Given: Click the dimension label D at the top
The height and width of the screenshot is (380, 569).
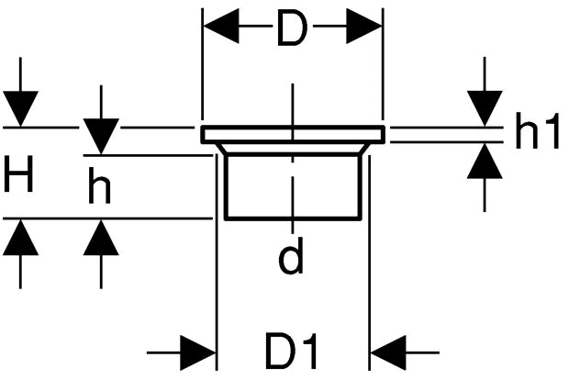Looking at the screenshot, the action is [x=292, y=28].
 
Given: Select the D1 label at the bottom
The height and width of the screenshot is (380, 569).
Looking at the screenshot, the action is [x=292, y=350].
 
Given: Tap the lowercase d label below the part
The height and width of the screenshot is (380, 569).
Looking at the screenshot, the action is [x=291, y=255].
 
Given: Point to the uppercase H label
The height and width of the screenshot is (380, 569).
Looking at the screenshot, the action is [x=18, y=173].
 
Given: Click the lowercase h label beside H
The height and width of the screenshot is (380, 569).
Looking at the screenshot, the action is [x=99, y=185].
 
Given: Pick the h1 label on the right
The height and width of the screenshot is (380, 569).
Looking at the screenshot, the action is [x=537, y=130].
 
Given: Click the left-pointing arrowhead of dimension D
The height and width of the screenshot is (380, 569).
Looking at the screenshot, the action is [x=221, y=26].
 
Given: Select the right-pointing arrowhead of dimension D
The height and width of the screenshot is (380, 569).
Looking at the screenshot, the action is [x=364, y=26].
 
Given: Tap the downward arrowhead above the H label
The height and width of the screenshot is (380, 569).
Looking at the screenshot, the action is [x=21, y=108].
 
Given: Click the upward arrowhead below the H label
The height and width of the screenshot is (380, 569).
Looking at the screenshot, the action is [x=21, y=238].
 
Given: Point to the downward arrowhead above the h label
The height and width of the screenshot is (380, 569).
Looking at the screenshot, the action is [x=101, y=136].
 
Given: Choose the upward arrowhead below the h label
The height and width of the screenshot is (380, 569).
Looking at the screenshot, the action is [x=101, y=238].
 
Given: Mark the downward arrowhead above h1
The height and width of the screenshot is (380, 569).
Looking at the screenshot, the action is [x=485, y=108].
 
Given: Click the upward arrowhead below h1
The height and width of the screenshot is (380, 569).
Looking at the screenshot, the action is [x=485, y=161].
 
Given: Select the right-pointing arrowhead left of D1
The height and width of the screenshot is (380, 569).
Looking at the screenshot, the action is [x=198, y=352].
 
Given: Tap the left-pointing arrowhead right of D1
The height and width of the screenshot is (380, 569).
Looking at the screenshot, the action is [x=387, y=352].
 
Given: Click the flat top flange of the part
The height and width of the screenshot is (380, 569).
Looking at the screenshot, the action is [x=293, y=134].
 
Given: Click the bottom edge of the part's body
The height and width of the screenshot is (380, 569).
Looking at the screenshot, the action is [x=293, y=218].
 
